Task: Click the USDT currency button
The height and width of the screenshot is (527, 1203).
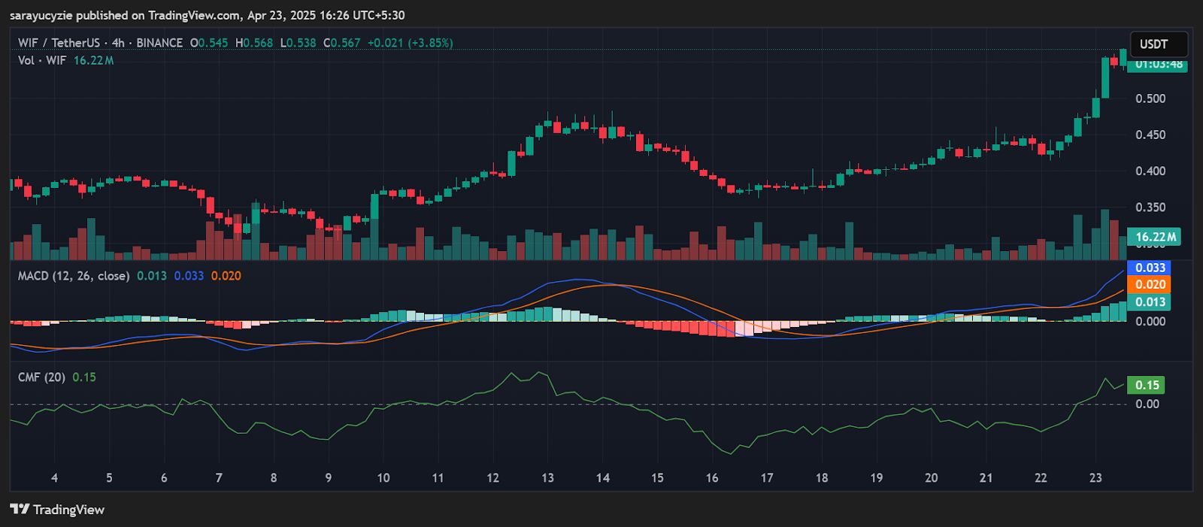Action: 1158,44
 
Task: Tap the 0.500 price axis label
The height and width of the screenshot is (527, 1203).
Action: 1150,98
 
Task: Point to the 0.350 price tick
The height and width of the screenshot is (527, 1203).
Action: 1150,207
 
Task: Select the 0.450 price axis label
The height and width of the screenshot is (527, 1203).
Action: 1150,135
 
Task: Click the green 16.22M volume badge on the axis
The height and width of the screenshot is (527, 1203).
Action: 1155,238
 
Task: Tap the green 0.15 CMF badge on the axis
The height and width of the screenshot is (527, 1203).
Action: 1147,386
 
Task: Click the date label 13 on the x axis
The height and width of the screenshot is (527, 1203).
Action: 547,478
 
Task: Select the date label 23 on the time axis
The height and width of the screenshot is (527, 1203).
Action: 1095,478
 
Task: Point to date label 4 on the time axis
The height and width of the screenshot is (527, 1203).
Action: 54,478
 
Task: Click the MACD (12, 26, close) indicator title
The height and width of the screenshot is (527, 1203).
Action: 74,276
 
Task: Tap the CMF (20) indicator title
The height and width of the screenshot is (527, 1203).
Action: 41,377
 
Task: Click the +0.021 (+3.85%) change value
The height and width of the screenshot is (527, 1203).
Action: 410,43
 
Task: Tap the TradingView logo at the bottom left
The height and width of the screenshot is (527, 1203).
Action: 57,510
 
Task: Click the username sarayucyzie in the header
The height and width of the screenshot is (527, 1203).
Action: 41,15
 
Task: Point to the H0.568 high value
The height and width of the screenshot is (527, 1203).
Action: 254,43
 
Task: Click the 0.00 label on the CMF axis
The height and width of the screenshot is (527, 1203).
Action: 1147,404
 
